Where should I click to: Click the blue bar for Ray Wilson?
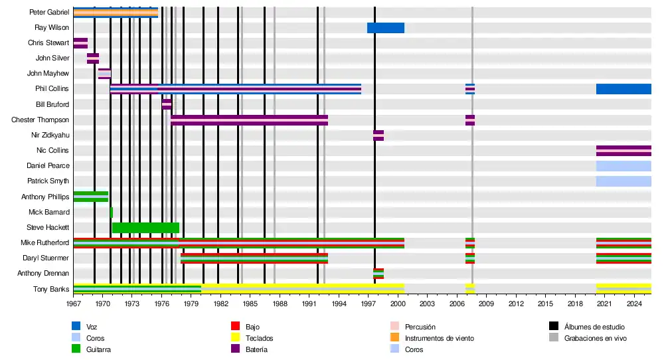(x=386, y=28)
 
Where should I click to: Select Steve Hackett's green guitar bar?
(x=145, y=228)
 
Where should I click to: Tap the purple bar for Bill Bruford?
(x=167, y=104)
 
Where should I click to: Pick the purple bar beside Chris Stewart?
(x=80, y=43)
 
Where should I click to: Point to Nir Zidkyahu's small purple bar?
(x=378, y=135)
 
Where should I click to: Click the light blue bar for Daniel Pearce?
(x=623, y=166)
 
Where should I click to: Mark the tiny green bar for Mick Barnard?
(x=112, y=213)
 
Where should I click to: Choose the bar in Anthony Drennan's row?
(x=378, y=274)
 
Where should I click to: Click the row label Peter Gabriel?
(x=49, y=13)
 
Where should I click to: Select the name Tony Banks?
(x=51, y=289)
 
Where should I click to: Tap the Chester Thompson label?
(x=40, y=120)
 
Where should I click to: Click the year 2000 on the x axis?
(x=398, y=304)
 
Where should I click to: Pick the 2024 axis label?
(x=633, y=304)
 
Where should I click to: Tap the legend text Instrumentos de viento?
(x=439, y=339)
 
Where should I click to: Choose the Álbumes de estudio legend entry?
(x=594, y=327)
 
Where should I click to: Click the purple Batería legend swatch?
(x=234, y=349)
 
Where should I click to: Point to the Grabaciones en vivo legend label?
(x=595, y=339)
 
